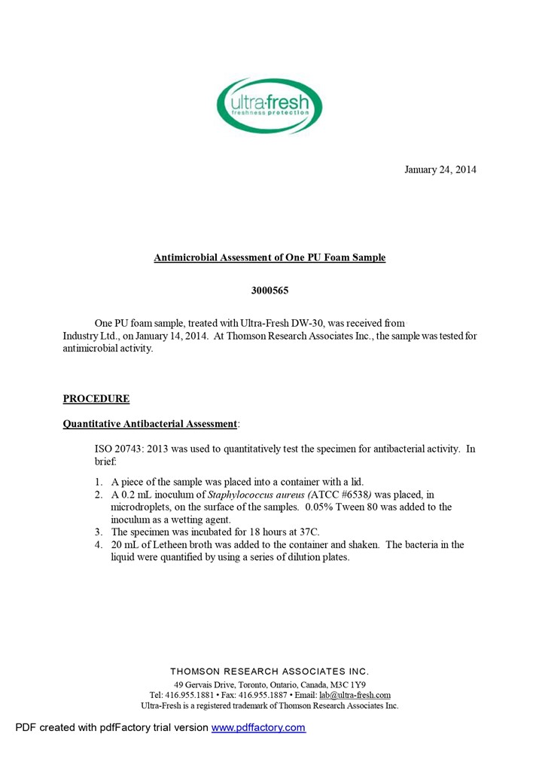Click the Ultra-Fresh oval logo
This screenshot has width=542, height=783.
tap(269, 106)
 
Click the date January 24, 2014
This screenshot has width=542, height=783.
tap(440, 169)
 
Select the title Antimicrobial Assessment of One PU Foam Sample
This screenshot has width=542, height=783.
tap(269, 257)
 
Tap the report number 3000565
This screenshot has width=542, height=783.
tap(269, 290)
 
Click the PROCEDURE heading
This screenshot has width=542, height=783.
tap(96, 399)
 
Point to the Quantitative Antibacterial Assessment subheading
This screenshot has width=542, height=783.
tap(150, 424)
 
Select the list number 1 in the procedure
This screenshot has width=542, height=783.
tap(99, 482)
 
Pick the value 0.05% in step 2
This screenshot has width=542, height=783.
tap(324, 507)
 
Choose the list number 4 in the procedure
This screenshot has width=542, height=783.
tap(99, 545)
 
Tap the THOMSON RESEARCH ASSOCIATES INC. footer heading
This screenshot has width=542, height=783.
tap(269, 671)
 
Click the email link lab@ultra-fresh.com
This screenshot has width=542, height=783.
tap(355, 695)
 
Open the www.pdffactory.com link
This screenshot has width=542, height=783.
tap(258, 727)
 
